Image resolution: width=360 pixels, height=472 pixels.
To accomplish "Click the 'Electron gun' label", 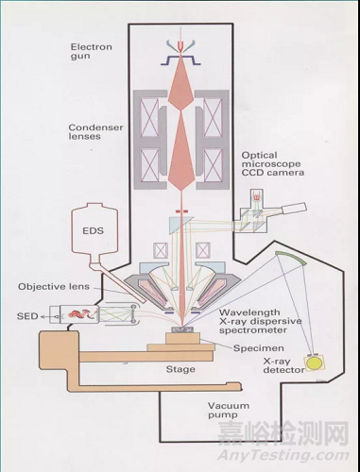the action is coord(91,52).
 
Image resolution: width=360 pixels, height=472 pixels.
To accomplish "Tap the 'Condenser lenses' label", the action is coord(95,132).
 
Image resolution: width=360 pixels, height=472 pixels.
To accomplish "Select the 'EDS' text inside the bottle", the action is coord(93,230).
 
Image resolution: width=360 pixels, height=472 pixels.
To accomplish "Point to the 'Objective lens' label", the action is coord(54,287).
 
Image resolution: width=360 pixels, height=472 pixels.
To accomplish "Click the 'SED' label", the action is coord(27,316).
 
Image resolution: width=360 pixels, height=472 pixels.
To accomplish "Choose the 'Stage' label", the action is coord(180,369).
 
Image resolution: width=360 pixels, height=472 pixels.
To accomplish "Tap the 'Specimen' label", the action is coord(259,348).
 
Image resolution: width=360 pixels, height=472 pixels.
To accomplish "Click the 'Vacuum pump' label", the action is coord(229,411).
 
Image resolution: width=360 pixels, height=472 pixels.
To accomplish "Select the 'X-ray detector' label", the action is coord(283,365).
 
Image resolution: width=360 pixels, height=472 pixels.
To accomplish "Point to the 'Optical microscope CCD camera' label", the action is coord(273,164).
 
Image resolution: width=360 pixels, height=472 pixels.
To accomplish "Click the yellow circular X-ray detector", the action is coord(314,362).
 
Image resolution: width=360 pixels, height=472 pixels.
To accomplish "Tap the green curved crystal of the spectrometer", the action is coord(291,257).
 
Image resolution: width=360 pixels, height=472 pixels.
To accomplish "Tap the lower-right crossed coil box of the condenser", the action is coord(213,164).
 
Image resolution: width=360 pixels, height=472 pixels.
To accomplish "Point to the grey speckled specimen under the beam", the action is coord(182,329).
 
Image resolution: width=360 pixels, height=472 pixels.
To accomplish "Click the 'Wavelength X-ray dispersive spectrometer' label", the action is coord(260,321).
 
